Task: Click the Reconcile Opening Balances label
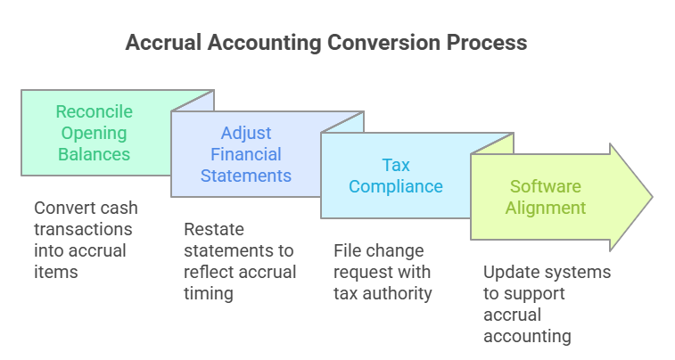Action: point(95,133)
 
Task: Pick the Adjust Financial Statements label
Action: point(245,154)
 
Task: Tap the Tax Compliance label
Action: point(396,176)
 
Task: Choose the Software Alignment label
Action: point(547,197)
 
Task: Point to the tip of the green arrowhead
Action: point(652,197)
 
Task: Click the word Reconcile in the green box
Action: point(95,111)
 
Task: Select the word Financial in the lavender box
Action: point(245,154)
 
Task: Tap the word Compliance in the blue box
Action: point(396,186)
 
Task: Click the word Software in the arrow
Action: point(547,186)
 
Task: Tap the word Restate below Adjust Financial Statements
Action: point(210,229)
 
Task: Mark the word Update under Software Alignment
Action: point(507,272)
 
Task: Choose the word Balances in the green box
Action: point(95,154)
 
